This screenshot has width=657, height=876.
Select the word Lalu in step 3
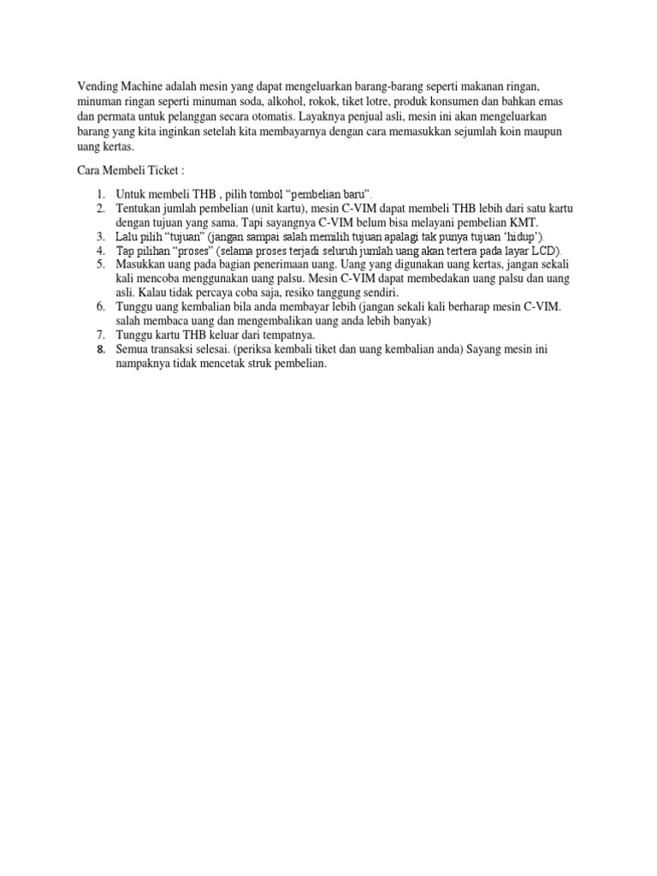[127, 236]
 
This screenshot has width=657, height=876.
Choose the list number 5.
[99, 265]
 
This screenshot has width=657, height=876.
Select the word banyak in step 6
[411, 320]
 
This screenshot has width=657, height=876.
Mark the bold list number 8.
[99, 349]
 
